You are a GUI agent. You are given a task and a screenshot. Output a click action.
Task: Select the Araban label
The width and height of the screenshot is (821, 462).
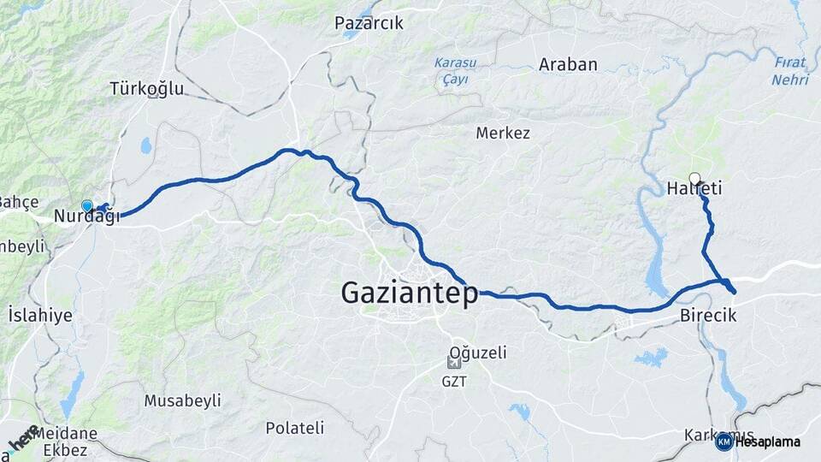click(x=568, y=65)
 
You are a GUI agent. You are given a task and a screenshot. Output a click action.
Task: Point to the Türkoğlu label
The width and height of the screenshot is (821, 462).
click(x=142, y=88)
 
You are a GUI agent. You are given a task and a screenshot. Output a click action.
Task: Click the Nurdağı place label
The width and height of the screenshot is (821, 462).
click(x=86, y=217)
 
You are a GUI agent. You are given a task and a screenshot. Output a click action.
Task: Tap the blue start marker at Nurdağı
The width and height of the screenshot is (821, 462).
click(x=86, y=205)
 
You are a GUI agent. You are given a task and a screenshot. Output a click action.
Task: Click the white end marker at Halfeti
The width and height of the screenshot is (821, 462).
click(x=694, y=178)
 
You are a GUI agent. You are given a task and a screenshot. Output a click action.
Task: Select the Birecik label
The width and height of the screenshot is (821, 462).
click(x=708, y=316)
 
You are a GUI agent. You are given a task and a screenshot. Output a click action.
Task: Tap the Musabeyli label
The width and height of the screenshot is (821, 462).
click(x=182, y=400)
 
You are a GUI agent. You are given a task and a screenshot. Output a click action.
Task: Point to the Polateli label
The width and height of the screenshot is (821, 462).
click(x=294, y=428)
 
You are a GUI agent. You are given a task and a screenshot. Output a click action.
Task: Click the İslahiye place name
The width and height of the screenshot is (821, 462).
click(x=39, y=316)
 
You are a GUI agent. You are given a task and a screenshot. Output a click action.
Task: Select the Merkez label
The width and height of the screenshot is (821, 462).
click(x=503, y=133)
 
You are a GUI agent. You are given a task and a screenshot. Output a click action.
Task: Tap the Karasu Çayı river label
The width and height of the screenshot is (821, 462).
click(x=455, y=70)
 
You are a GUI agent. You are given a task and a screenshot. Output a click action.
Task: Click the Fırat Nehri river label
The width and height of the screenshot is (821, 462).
click(x=789, y=70)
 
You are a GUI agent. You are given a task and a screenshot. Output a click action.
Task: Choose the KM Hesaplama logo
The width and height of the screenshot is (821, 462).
click(x=759, y=441)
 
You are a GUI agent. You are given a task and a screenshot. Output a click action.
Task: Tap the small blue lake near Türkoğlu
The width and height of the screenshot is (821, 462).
click(x=146, y=145)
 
